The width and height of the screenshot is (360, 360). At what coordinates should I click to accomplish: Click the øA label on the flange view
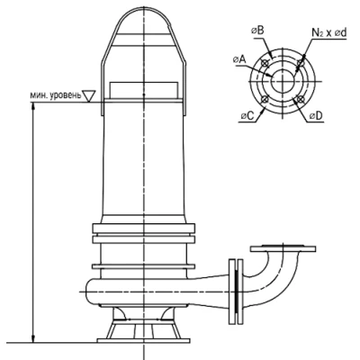click(x=239, y=59)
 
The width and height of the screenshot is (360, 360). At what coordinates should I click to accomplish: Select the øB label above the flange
click(x=257, y=31)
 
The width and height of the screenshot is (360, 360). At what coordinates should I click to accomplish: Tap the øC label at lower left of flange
click(x=247, y=116)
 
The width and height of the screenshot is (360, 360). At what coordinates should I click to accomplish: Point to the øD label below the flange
click(x=316, y=116)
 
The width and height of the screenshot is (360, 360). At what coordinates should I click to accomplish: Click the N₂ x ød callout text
click(x=329, y=33)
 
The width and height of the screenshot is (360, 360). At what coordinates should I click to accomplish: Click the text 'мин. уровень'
click(x=56, y=95)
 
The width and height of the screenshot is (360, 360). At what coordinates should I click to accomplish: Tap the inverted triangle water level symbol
click(x=89, y=96)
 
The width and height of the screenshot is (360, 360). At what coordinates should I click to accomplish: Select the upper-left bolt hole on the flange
click(x=265, y=63)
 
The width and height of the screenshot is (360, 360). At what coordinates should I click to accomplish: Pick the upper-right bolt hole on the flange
click(x=300, y=63)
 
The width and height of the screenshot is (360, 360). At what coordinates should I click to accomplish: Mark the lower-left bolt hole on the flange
click(x=265, y=99)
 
